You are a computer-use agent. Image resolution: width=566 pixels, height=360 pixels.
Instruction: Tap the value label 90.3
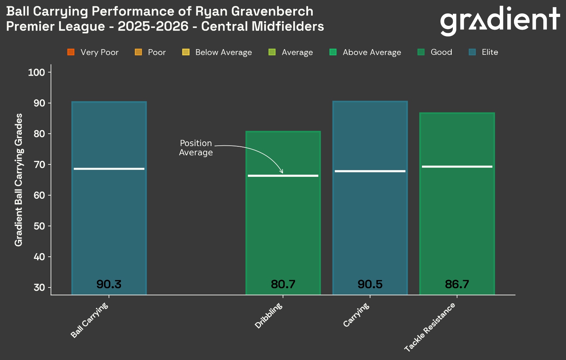[x=109, y=284]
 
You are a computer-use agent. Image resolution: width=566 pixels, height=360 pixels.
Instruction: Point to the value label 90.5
[x=370, y=284]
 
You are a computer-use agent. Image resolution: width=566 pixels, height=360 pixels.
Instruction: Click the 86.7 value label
[x=457, y=284]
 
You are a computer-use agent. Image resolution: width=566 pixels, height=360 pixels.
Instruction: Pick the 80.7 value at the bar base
[x=283, y=284]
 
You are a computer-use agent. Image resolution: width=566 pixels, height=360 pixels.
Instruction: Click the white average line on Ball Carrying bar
[x=109, y=169]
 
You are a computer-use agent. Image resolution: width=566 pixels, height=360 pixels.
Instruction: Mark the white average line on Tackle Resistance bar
[x=457, y=167]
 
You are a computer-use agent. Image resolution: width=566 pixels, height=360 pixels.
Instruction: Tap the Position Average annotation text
[x=196, y=148]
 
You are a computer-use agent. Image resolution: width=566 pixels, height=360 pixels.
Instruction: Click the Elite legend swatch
[x=472, y=52]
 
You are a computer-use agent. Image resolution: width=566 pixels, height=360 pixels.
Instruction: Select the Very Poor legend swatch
[x=71, y=52]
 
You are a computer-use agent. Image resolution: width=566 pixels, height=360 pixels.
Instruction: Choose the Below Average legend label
[x=224, y=52]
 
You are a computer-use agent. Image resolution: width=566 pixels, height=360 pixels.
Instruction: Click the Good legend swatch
[x=421, y=52]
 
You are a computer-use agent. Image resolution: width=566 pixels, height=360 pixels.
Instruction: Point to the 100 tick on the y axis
[x=36, y=72]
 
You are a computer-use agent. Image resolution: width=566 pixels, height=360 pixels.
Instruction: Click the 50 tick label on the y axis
[x=39, y=226]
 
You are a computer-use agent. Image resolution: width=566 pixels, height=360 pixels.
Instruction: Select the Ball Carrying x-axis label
[x=89, y=320]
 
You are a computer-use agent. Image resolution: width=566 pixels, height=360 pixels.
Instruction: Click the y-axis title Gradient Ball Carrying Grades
[x=18, y=180]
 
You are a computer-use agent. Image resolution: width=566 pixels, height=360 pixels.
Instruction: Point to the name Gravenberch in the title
[x=272, y=11]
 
